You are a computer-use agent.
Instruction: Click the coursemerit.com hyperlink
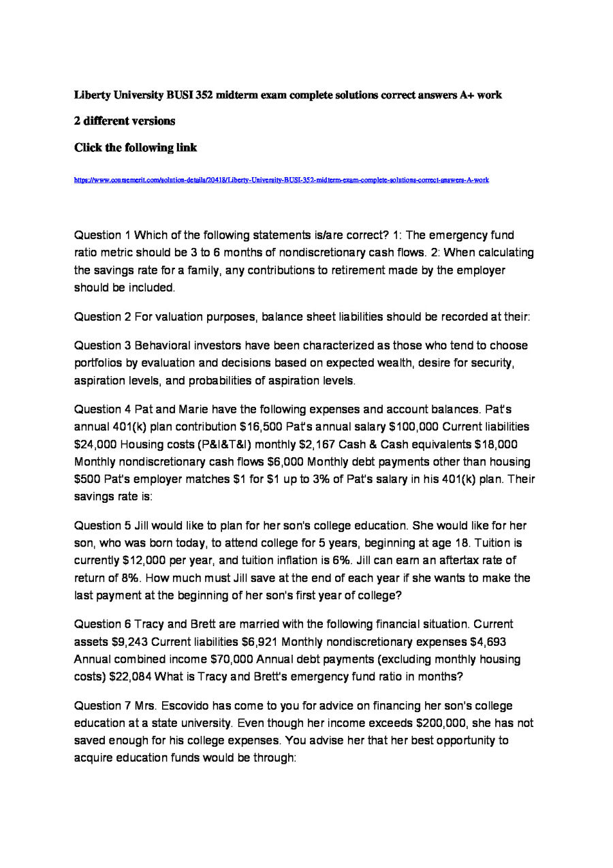[281, 180]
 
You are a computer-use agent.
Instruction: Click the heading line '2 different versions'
[125, 121]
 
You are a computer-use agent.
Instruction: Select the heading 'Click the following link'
[136, 148]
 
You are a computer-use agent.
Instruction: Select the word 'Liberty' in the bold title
[93, 95]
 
